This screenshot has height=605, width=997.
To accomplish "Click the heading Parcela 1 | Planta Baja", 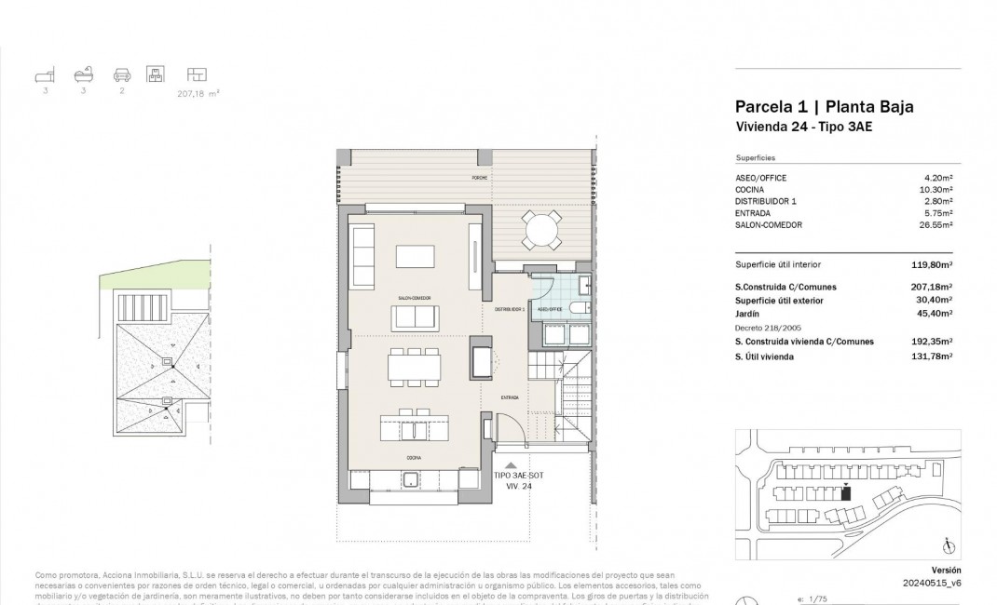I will click(824, 106).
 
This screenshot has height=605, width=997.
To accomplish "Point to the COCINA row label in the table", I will click(750, 189).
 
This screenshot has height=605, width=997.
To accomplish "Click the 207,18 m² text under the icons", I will click(198, 93).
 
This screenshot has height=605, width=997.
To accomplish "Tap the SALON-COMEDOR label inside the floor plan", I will click(415, 298).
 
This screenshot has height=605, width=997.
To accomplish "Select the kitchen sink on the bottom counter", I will click(409, 479).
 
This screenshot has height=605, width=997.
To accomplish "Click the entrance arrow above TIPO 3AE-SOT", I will click(509, 464).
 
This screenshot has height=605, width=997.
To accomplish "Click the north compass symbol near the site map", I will click(947, 546).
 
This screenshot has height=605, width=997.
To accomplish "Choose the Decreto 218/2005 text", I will click(770, 329).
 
